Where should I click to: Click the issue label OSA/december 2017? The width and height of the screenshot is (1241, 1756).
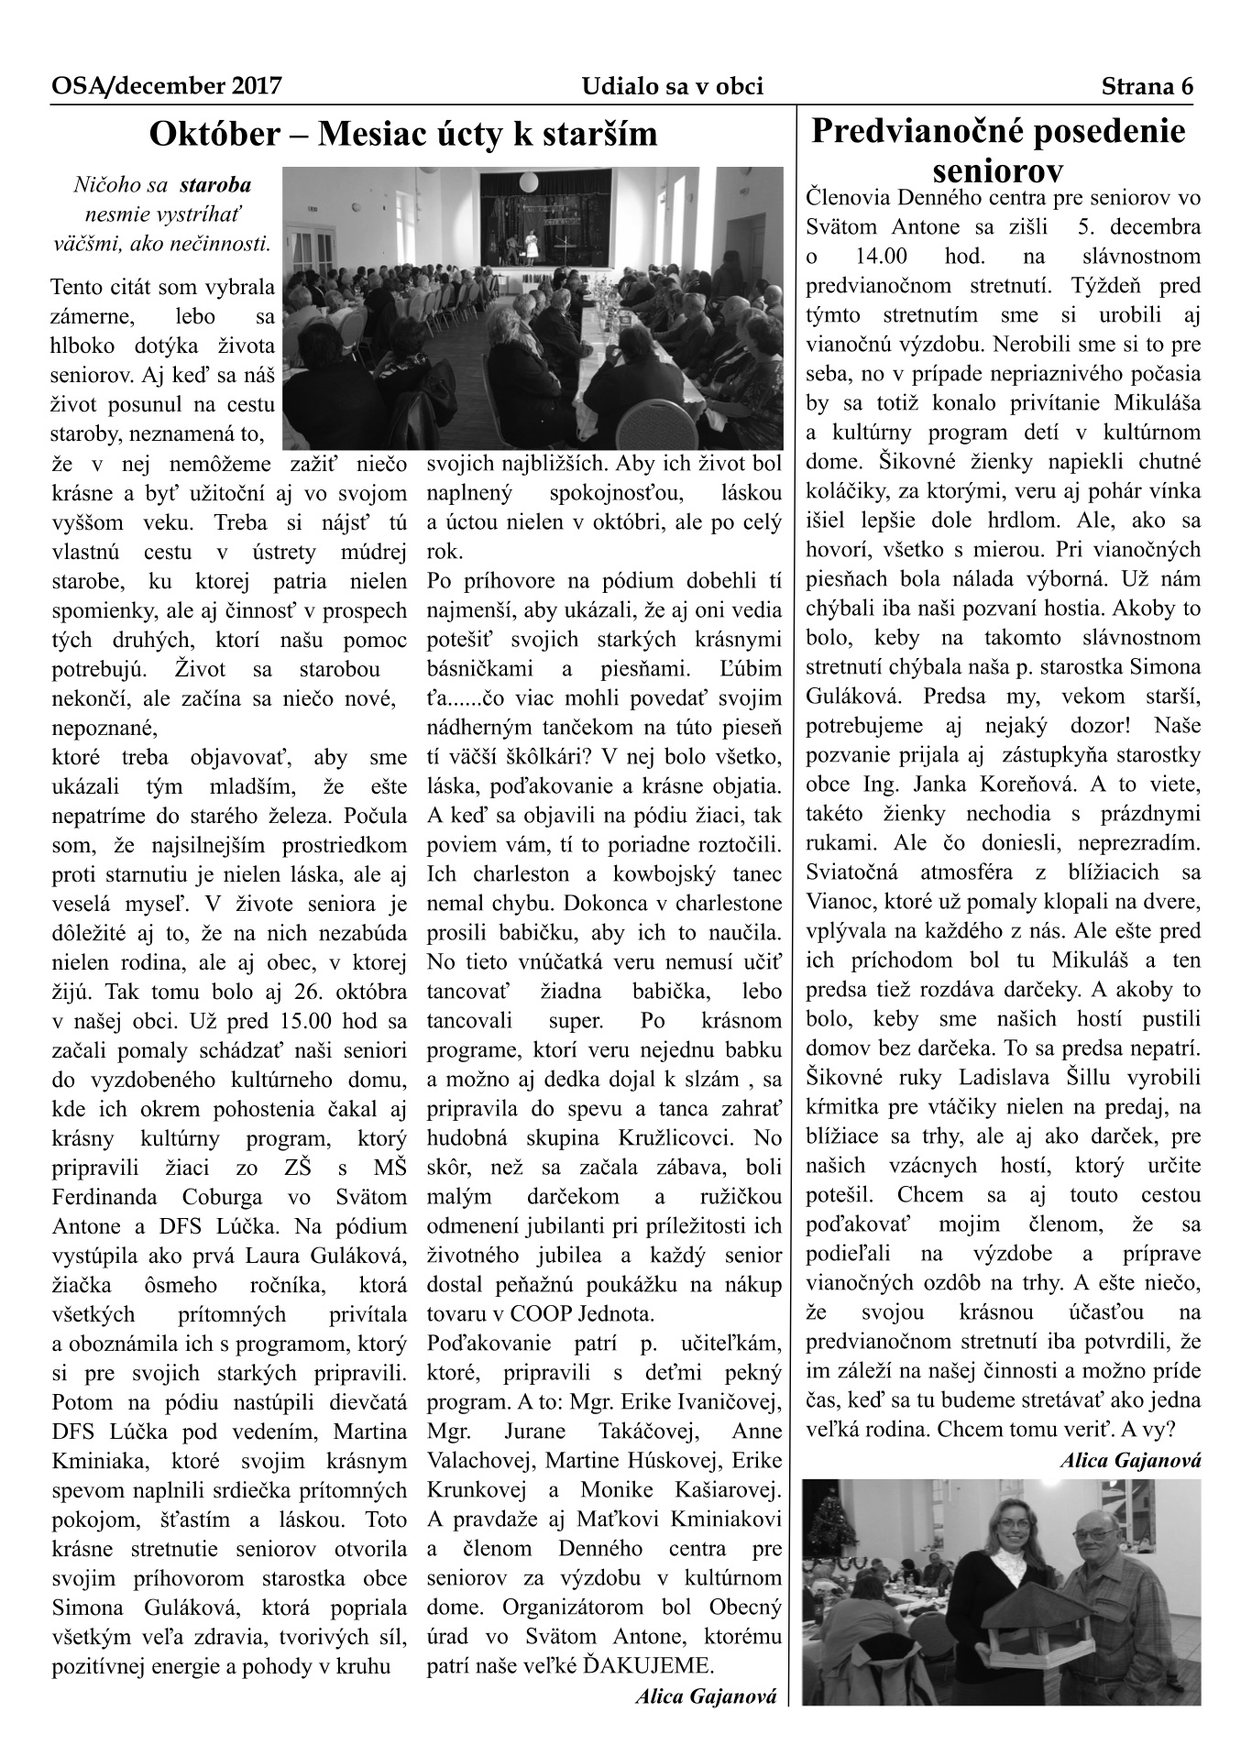pyautogui.click(x=166, y=87)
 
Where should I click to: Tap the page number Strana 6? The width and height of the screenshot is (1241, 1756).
pyautogui.click(x=1148, y=87)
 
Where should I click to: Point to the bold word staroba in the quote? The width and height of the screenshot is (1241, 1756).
pyautogui.click(x=215, y=185)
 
